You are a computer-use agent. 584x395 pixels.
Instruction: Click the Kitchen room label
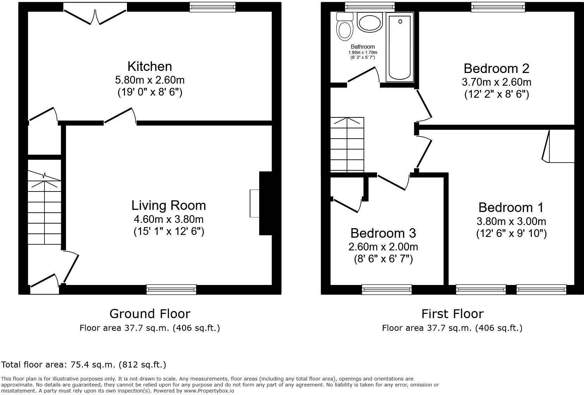[x=150, y=66]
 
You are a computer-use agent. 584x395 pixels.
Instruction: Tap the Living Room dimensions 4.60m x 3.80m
[x=169, y=219]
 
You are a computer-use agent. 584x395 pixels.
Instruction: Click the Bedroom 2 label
[x=496, y=68]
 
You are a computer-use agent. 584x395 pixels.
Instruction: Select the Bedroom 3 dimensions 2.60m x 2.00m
[x=383, y=247]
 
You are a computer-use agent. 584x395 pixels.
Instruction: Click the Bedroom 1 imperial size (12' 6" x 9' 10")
[x=511, y=233]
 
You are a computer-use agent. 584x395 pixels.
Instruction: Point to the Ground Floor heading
[x=150, y=314]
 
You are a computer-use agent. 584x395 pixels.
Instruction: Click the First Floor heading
[x=452, y=314]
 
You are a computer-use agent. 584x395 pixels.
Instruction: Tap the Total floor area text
[x=84, y=364]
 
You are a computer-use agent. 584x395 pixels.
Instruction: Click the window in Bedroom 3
[x=387, y=290]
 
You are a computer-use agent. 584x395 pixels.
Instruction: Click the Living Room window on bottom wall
[x=171, y=290]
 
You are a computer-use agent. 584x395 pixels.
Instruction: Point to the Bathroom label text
[x=363, y=47]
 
